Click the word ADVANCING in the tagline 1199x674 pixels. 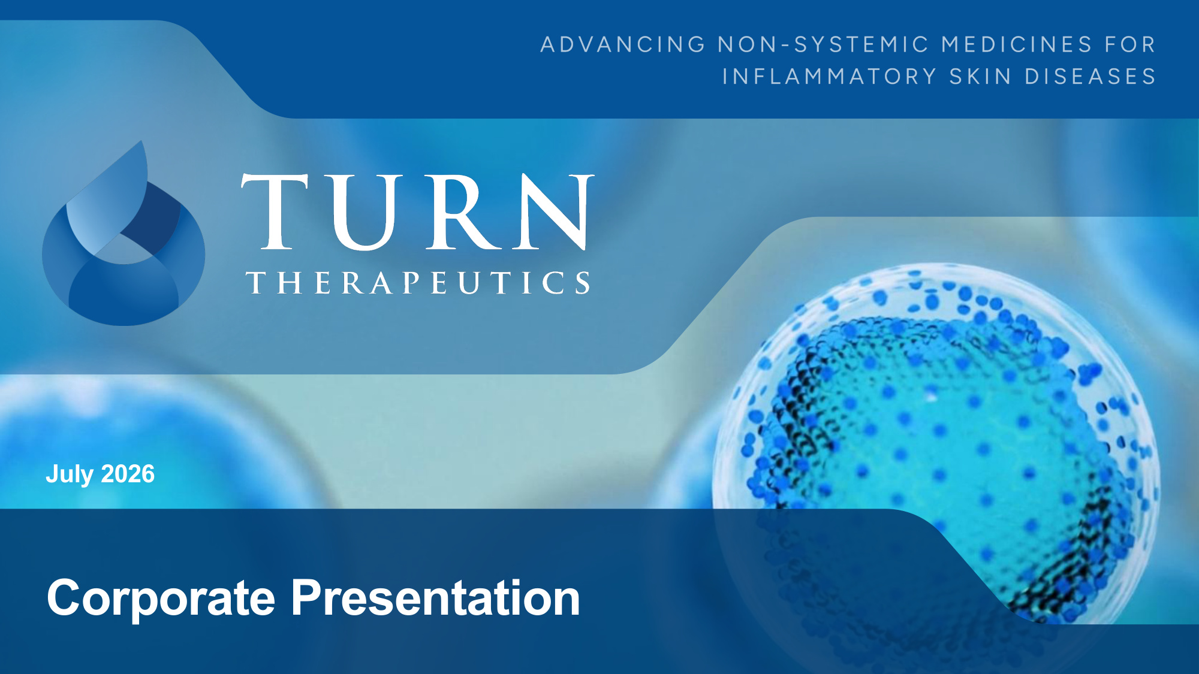point(623,44)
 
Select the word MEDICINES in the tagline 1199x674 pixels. point(1017,44)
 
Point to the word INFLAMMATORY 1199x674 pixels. point(829,77)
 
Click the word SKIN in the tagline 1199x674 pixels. point(981,77)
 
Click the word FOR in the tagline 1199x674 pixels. point(1131,44)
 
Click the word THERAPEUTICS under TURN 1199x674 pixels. point(418,283)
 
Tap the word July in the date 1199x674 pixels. point(70,474)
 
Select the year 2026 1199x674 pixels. point(128,474)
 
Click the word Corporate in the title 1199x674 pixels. point(161,598)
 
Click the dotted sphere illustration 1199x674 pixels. point(935,443)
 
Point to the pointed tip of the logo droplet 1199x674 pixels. point(141,141)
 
